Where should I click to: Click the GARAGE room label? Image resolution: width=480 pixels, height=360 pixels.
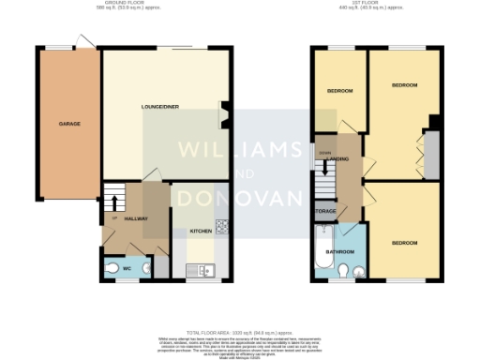[68, 124]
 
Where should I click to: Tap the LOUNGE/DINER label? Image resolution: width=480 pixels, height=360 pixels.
[159, 107]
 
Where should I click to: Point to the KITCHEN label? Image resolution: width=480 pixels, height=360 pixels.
[202, 231]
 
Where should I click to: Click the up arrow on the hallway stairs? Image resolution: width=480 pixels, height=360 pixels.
[114, 202]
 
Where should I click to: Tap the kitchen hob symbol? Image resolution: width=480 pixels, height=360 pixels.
[223, 226]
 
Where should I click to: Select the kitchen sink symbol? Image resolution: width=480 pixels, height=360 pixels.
[205, 271]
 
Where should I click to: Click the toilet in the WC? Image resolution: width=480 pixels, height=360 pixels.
[142, 268]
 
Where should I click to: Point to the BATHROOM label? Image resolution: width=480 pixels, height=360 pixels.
[339, 251]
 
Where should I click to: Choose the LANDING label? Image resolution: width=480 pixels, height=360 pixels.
[338, 159]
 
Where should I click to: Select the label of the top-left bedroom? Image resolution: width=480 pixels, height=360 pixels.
[339, 91]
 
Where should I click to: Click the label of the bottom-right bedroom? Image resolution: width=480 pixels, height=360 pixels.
[404, 243]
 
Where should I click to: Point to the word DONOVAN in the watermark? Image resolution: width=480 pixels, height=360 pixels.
[240, 198]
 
